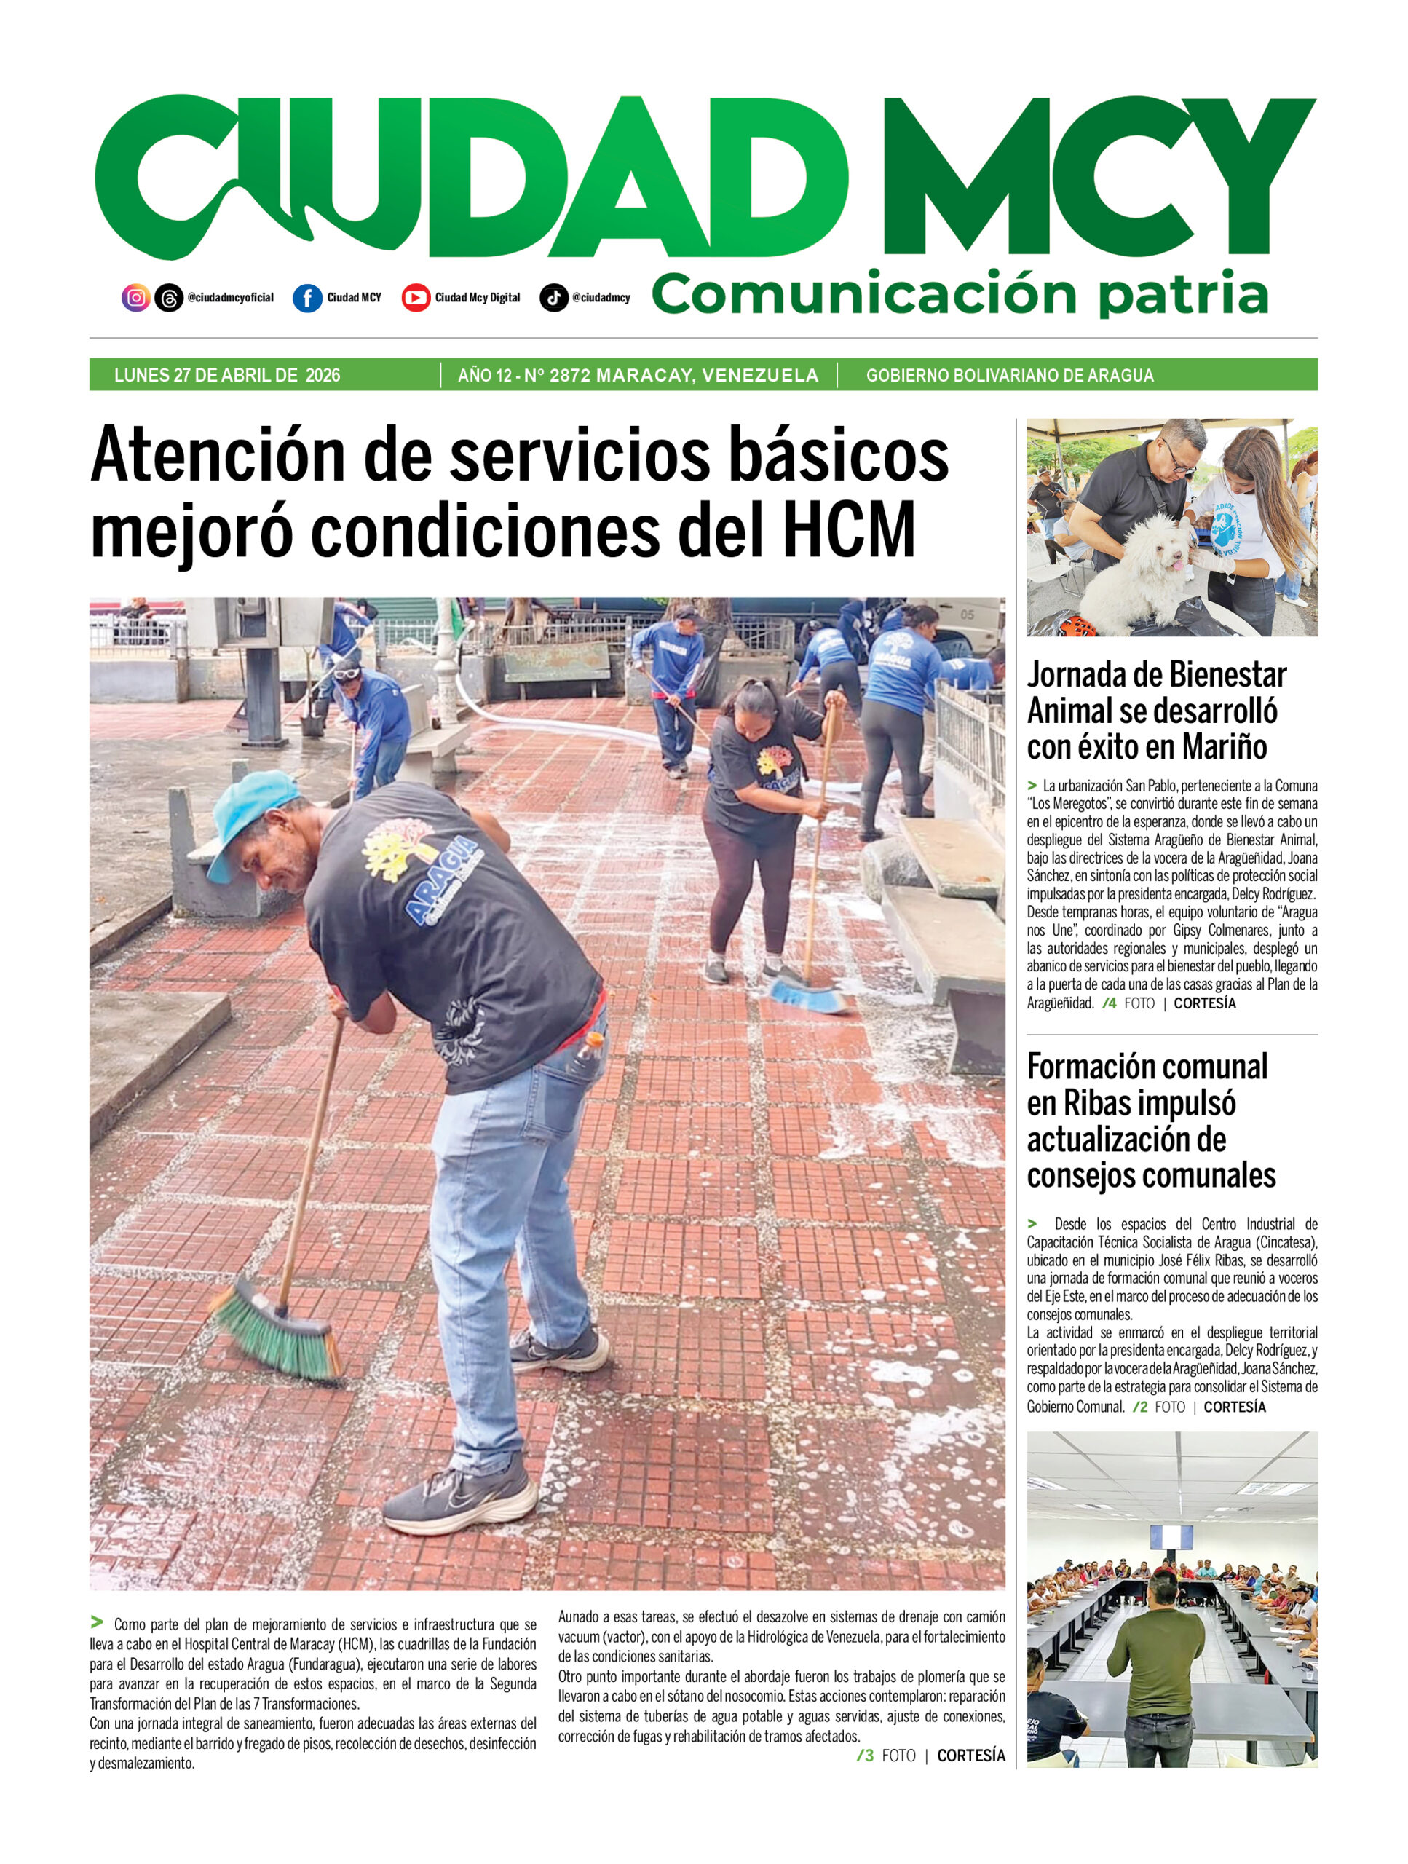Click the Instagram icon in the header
click(x=135, y=298)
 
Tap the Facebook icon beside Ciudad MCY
click(x=307, y=298)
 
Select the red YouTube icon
click(x=416, y=298)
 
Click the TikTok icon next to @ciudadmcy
click(x=553, y=298)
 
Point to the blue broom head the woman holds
click(x=809, y=998)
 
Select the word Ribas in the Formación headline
click(x=1096, y=1102)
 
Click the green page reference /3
click(x=864, y=1756)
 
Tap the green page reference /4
click(x=1109, y=1003)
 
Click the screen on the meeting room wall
click(x=1171, y=1536)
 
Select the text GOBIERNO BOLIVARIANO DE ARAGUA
click(x=1010, y=375)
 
